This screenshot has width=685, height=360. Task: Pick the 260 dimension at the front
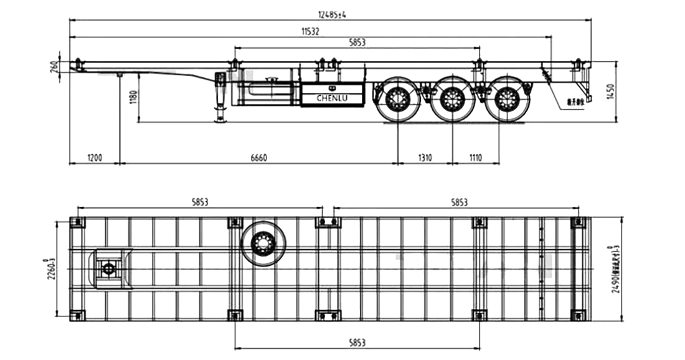pyautogui.click(x=54, y=65)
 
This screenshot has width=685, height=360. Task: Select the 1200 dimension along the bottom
pyautogui.click(x=94, y=158)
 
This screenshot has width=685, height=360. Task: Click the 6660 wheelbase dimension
pyautogui.click(x=258, y=158)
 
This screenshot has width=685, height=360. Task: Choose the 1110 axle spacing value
pyautogui.click(x=475, y=158)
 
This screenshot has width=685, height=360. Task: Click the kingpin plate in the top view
pyautogui.click(x=110, y=268)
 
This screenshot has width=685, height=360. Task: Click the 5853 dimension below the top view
pyautogui.click(x=357, y=342)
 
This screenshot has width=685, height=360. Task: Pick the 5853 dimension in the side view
pyautogui.click(x=357, y=42)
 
